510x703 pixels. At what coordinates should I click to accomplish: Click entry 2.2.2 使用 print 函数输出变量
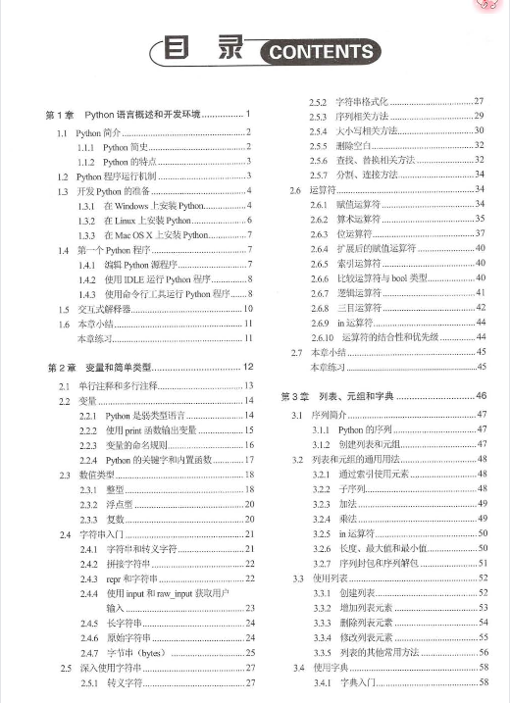[x=158, y=430]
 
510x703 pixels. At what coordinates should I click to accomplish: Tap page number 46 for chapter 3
[x=481, y=396]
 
